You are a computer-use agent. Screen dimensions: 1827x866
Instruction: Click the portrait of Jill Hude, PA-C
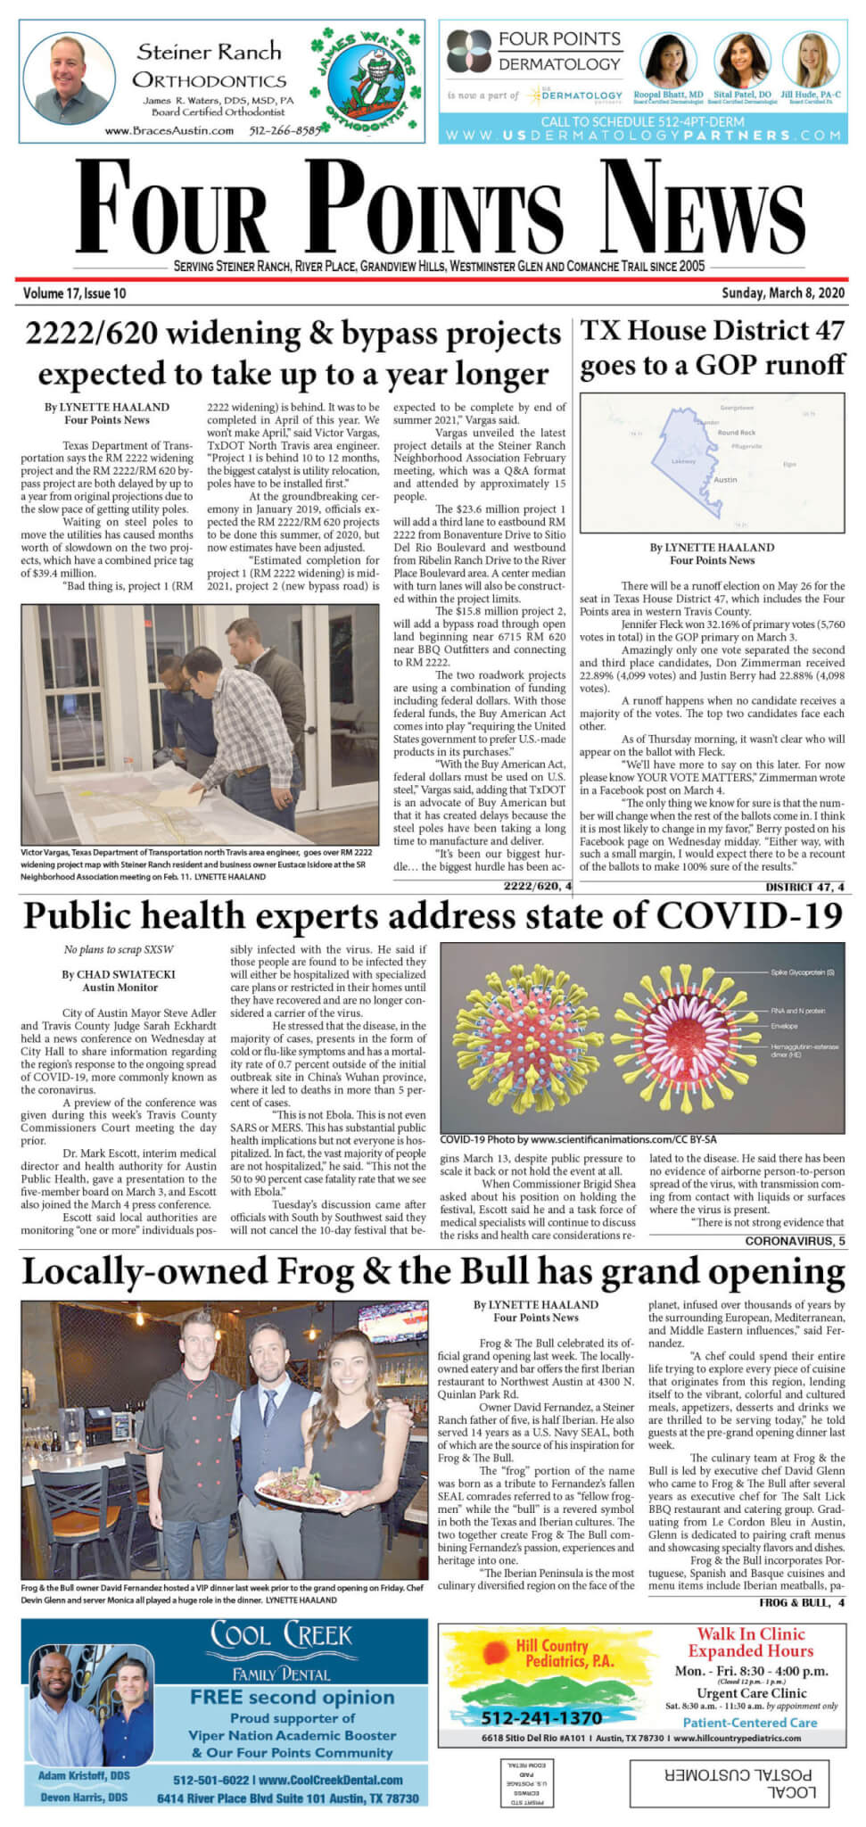tap(810, 59)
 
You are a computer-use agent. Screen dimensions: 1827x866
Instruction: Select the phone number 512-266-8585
tap(285, 130)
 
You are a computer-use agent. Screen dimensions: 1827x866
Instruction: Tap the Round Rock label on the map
tap(736, 433)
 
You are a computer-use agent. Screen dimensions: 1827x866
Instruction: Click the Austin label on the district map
tap(726, 479)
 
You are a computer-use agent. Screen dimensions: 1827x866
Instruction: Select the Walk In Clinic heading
tap(750, 1633)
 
